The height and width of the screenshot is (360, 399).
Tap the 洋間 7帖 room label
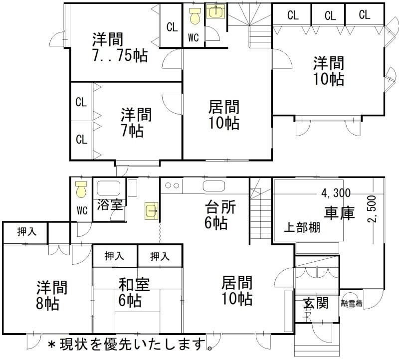(x=135, y=123)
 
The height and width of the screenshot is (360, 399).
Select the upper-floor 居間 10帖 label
(x=223, y=115)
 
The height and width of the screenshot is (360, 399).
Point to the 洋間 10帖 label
(x=328, y=71)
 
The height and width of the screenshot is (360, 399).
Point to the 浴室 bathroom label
(x=109, y=204)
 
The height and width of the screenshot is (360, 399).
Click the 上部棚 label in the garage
(x=302, y=228)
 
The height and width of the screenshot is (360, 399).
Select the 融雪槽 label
(x=352, y=303)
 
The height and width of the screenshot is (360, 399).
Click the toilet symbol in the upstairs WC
(x=194, y=17)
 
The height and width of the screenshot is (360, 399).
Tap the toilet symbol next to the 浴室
(x=81, y=189)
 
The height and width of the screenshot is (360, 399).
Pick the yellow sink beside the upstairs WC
(x=215, y=12)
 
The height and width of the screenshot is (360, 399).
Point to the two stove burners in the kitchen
(x=172, y=186)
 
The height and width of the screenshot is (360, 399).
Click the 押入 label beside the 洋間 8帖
(x=25, y=232)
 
